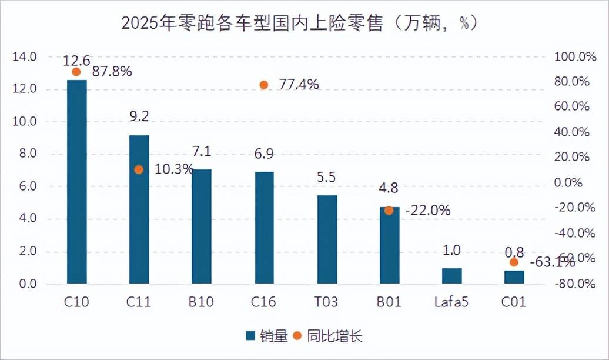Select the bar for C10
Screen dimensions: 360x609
[x=77, y=182]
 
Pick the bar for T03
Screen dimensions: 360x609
[x=327, y=240]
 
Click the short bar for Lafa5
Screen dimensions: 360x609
[x=451, y=276]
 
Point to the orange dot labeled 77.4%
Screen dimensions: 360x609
[x=264, y=85]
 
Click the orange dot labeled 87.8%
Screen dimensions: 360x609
[x=76, y=72]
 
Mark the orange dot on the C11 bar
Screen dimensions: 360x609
[x=139, y=169]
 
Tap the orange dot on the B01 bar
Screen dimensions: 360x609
[x=389, y=210]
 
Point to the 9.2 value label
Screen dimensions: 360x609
[x=139, y=116]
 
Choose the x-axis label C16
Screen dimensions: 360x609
[x=263, y=303]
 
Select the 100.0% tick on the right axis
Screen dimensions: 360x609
[x=571, y=57]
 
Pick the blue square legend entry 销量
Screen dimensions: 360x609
[x=266, y=336]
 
